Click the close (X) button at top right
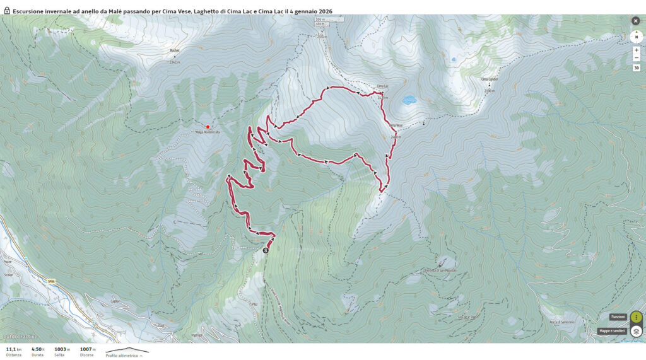click(x=635, y=21)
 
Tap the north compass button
click(x=636, y=37)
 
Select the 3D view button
click(x=636, y=68)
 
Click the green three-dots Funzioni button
click(x=636, y=316)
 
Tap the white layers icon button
click(x=636, y=331)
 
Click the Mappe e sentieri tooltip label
click(x=611, y=331)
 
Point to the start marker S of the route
click(x=265, y=250)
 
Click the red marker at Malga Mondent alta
click(x=208, y=127)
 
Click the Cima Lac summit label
click(x=382, y=86)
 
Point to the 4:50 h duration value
click(x=37, y=349)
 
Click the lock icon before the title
click(x=7, y=11)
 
